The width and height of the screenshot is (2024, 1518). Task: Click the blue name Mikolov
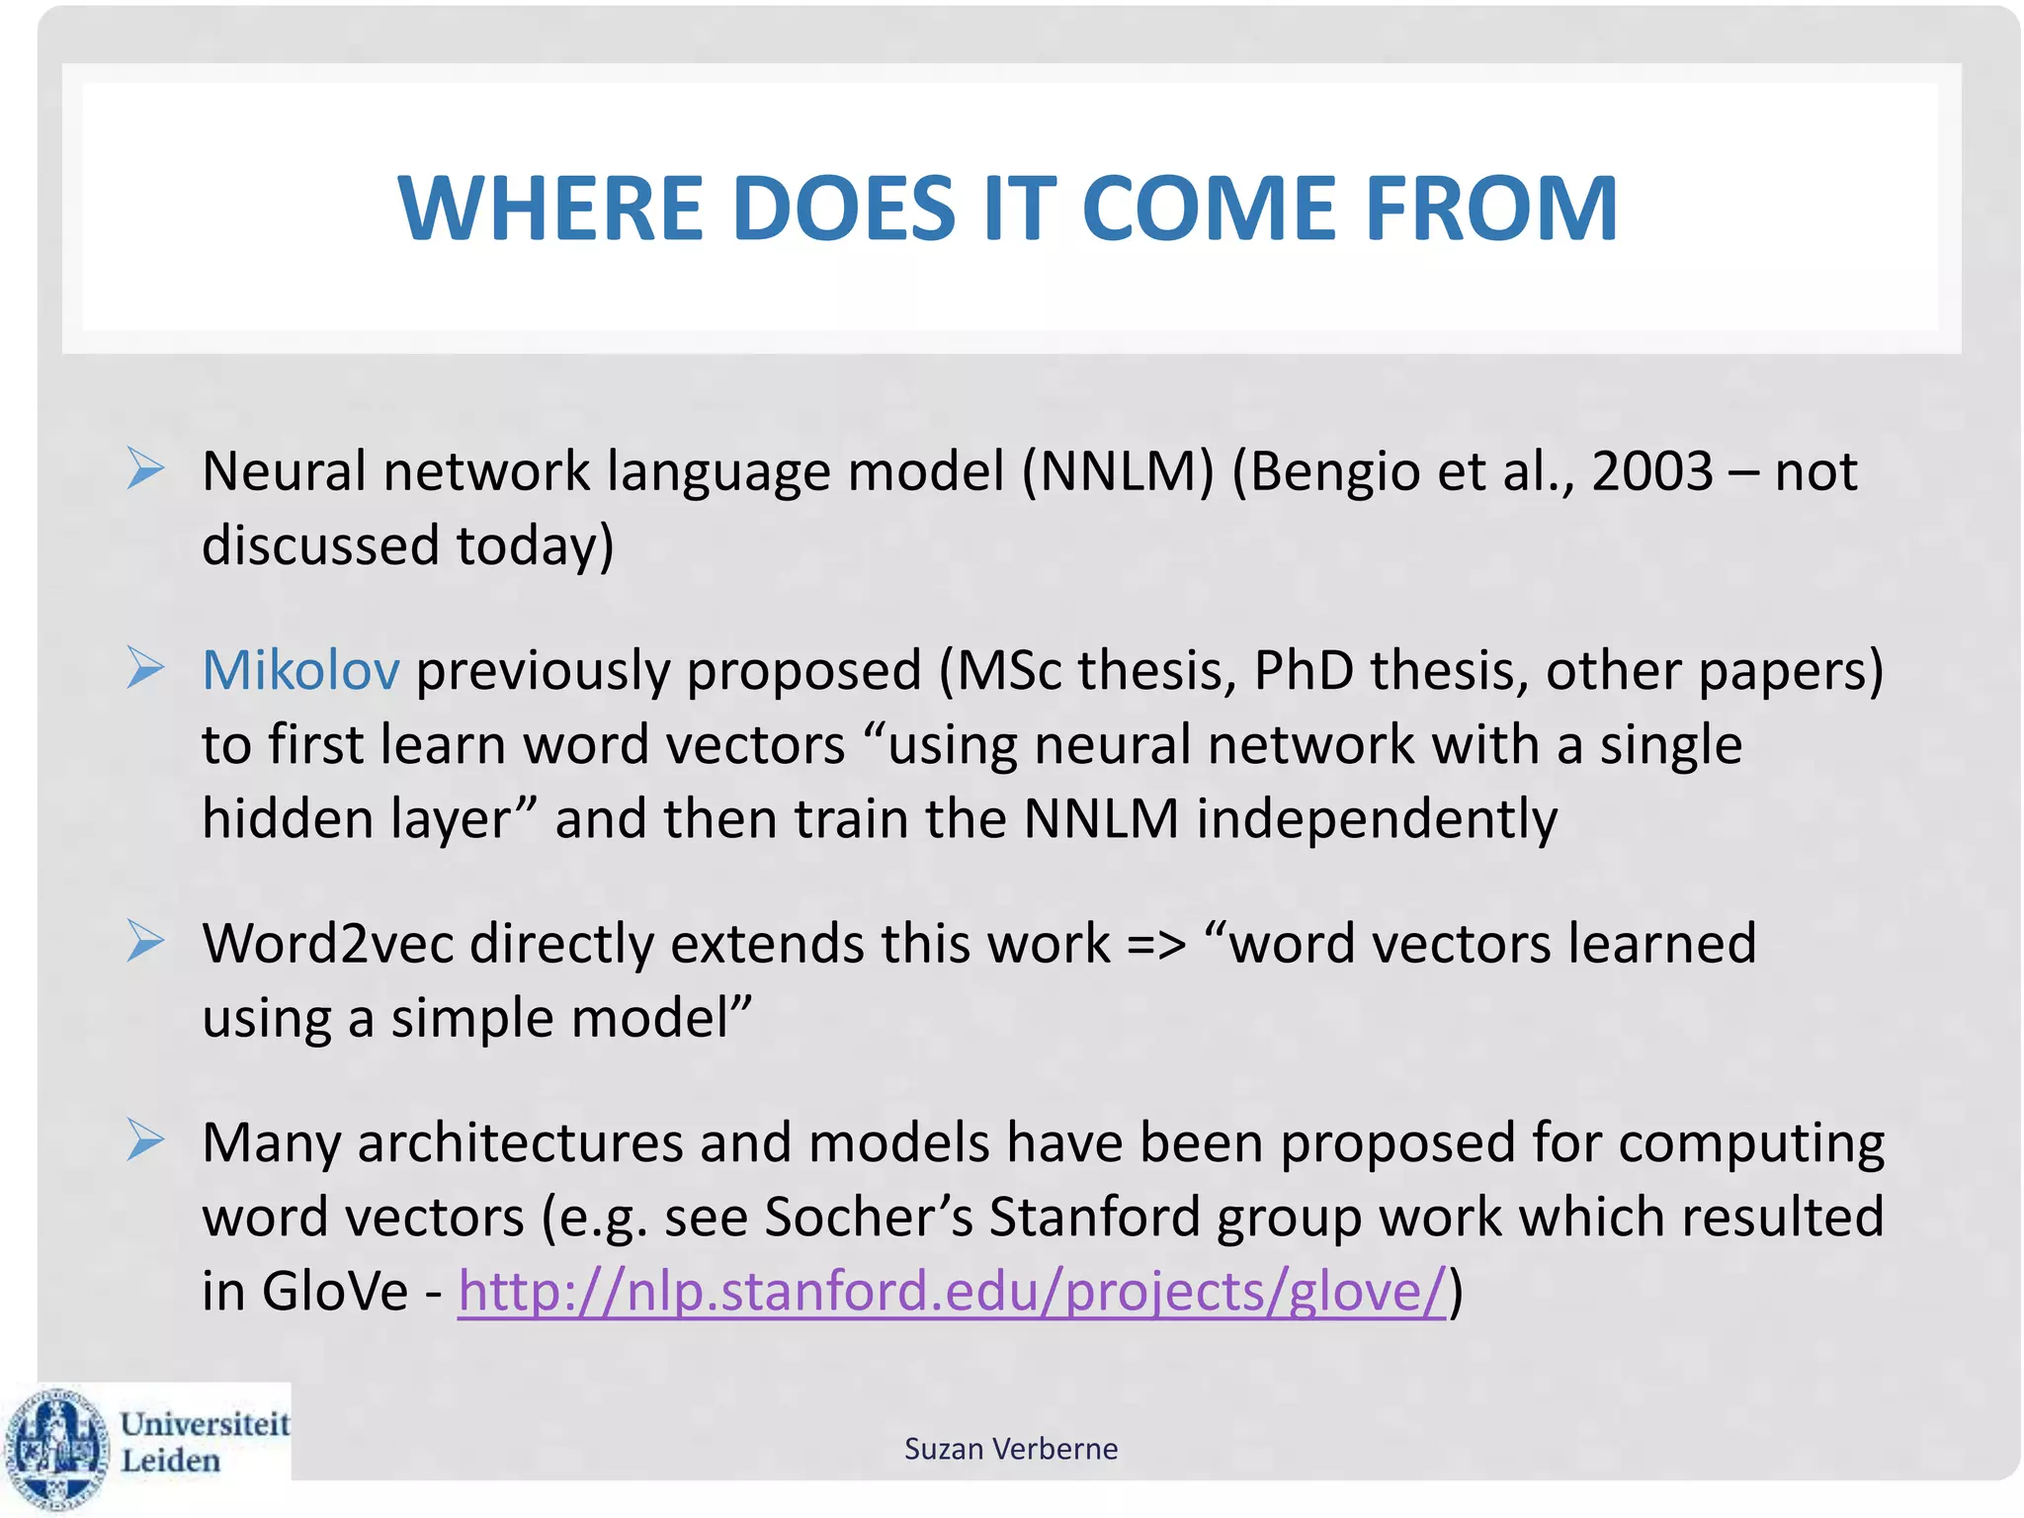300,670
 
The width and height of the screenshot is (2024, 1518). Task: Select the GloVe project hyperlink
951,1291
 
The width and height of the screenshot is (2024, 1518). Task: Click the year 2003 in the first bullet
1651,470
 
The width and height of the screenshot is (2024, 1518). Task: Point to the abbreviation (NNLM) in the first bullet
1117,470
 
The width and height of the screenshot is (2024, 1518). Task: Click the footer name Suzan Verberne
1011,1449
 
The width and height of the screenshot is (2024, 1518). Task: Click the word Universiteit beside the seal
205,1424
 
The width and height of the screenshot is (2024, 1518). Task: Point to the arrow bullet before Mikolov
145,668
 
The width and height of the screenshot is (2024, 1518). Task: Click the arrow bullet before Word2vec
145,941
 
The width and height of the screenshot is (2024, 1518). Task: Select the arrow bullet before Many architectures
145,1140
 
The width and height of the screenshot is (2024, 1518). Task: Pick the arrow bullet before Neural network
145,468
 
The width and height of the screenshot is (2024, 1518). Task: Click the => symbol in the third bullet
1155,945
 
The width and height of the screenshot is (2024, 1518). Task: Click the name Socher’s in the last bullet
869,1216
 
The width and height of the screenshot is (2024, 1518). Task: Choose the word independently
1377,820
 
